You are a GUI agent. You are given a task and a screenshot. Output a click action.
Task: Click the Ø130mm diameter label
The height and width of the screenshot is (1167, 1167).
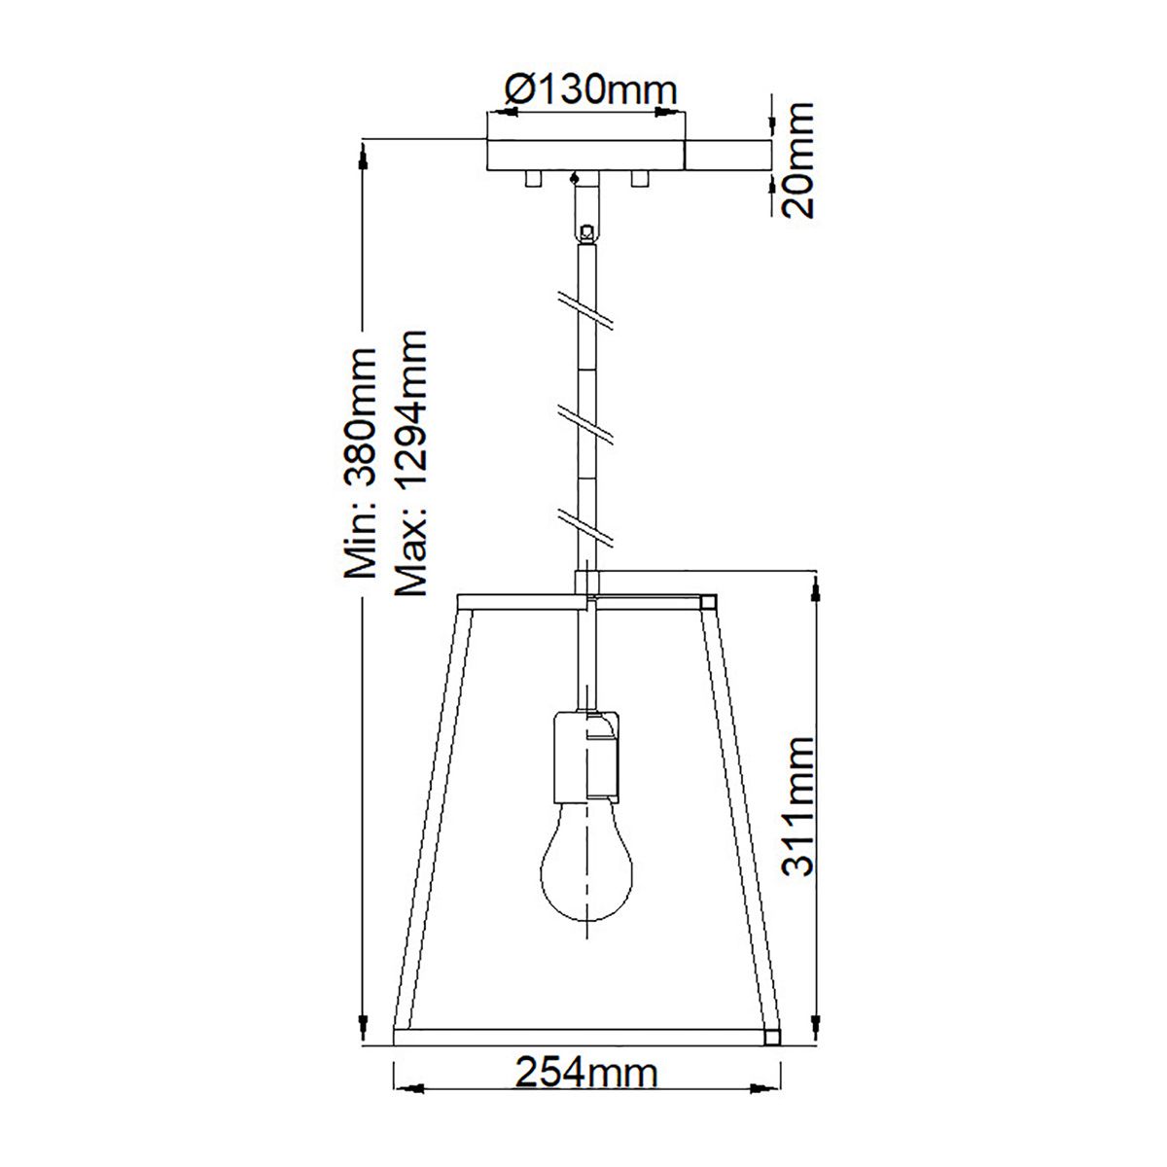coord(590,89)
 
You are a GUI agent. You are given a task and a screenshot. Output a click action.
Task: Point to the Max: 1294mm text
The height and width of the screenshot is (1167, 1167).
coord(409,462)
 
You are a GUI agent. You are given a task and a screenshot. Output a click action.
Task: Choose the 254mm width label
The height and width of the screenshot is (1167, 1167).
coord(586,1074)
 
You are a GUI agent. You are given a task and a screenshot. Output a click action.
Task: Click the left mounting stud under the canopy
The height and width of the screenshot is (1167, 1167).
coord(531,179)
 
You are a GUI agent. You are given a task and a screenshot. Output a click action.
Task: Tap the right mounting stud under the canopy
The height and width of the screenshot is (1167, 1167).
coord(639,179)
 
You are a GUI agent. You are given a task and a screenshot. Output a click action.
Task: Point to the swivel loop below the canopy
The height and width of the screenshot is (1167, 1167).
coord(585,232)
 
